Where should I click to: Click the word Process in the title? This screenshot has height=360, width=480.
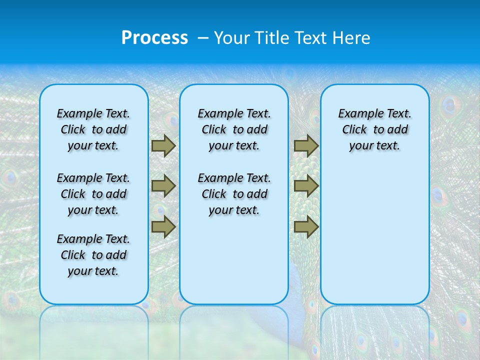coord(154,38)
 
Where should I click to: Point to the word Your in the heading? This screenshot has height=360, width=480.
coord(232,38)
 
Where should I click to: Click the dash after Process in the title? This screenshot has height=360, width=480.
coord(202,38)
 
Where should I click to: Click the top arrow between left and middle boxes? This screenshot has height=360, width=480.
coord(163,145)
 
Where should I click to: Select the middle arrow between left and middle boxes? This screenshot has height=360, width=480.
coord(163,186)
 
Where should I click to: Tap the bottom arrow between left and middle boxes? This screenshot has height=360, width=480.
coord(163,227)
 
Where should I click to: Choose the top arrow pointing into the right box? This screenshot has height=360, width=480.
coord(306,145)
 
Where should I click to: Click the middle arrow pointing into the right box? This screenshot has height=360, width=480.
coord(306,186)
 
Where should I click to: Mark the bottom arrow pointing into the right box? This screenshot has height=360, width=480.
coord(306,227)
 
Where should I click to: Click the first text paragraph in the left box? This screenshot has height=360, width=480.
coord(93,129)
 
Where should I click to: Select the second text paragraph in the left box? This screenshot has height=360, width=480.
coord(93,194)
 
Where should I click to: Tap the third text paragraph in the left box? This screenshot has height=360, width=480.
coord(93,255)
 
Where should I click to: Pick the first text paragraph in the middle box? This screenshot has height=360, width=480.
coord(234,129)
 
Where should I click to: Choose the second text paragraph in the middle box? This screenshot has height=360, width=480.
coord(234,194)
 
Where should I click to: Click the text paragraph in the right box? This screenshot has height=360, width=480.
coord(374,129)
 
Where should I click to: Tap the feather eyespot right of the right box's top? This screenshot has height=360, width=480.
coord(450,105)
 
